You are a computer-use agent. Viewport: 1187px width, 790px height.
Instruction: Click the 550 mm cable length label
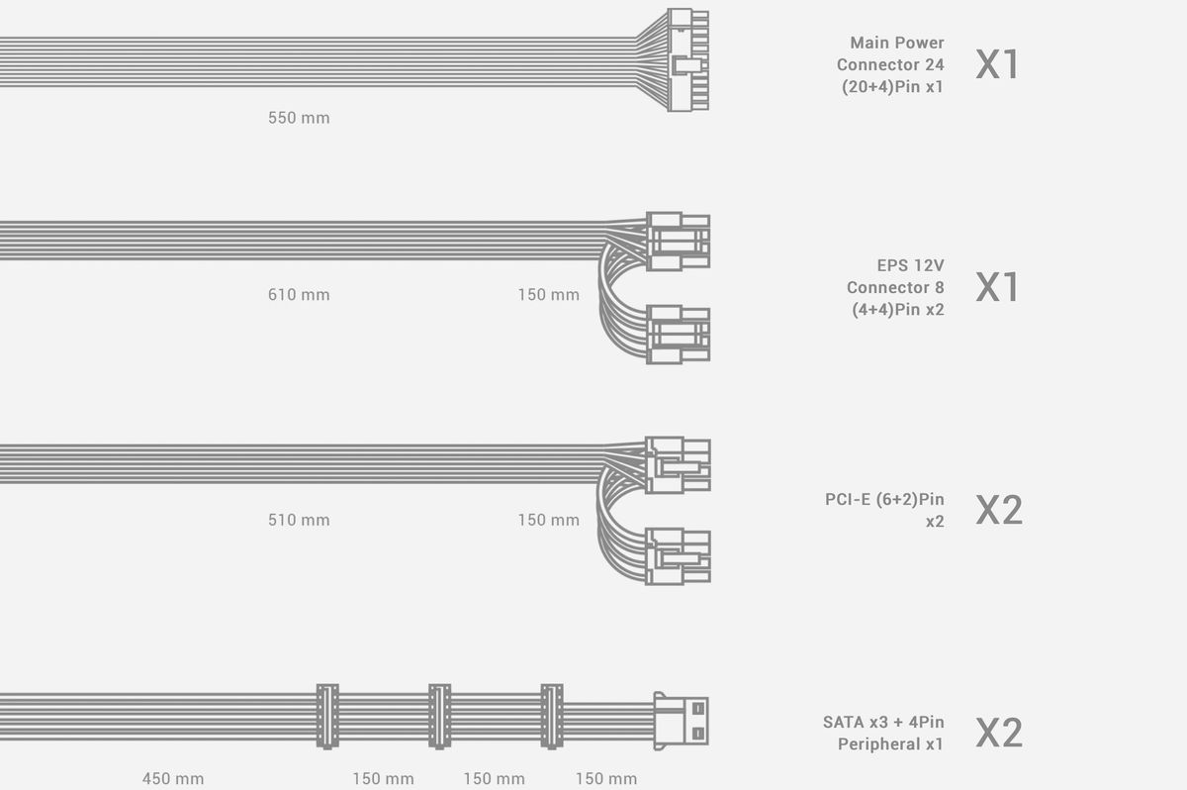point(299,118)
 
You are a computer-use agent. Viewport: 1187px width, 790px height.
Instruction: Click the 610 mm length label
point(299,294)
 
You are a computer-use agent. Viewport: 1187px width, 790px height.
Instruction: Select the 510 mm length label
point(299,520)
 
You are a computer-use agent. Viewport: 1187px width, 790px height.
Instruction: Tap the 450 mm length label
point(173,778)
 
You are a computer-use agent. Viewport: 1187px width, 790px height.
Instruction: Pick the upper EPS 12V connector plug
point(678,241)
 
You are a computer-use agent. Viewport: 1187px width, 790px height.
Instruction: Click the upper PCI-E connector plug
point(678,464)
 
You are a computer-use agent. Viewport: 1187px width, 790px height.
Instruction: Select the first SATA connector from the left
point(326,716)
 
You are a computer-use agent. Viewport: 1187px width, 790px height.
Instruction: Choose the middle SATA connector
point(439,716)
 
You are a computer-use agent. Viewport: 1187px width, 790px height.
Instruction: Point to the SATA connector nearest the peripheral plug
point(551,716)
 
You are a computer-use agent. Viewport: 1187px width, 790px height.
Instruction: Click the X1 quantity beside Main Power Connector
point(997,64)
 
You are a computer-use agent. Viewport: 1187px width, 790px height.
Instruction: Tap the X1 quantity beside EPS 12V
point(997,287)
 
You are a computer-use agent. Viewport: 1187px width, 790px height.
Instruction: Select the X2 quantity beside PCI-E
point(999,510)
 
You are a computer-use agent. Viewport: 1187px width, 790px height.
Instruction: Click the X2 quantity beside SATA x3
point(999,733)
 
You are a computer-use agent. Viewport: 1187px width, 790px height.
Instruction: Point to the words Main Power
point(897,43)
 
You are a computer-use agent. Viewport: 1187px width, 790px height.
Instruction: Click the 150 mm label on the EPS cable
point(548,294)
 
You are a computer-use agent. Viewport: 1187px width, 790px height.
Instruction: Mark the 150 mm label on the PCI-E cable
point(548,520)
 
